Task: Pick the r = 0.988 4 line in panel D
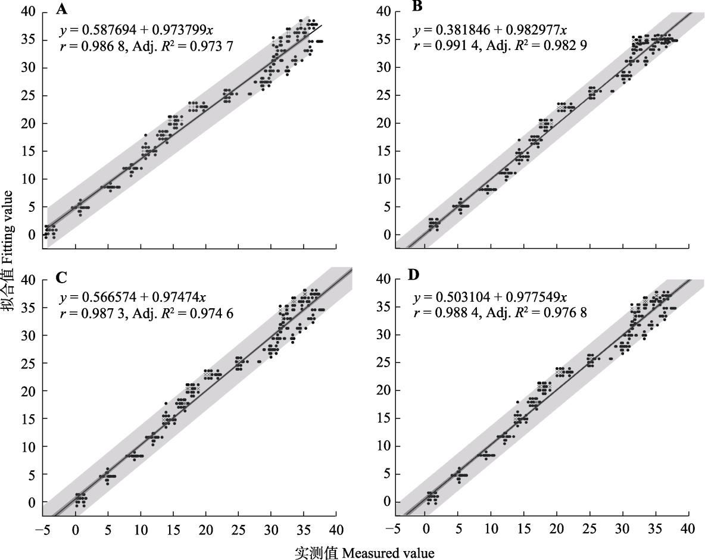500,312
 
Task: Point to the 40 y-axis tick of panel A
28,12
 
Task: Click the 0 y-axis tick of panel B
386,234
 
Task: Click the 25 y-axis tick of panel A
28,96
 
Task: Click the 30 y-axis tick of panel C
28,335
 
